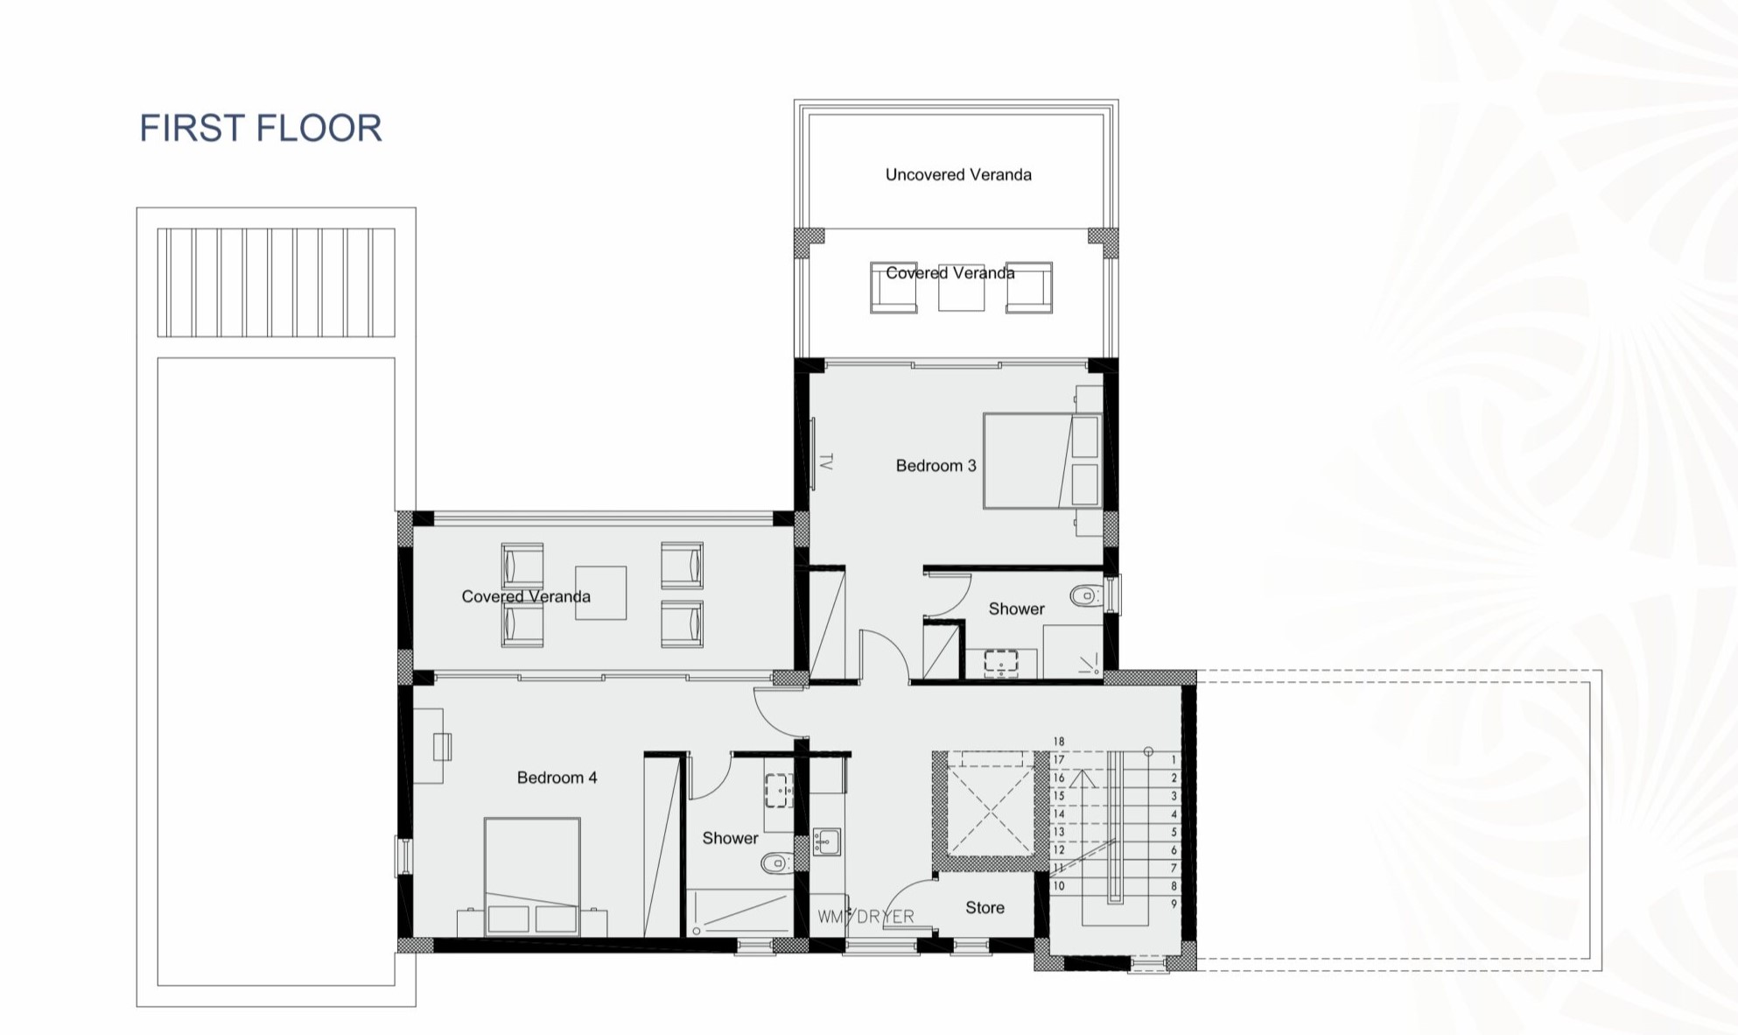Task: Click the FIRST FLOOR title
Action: pos(261,128)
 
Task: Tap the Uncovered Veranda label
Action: pos(958,174)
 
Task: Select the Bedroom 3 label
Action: pos(936,465)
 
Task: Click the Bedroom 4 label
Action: pos(557,777)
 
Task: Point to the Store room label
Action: pos(985,907)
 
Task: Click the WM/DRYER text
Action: pos(865,916)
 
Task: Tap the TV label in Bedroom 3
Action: pos(825,461)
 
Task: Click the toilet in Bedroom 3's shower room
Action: pos(1085,596)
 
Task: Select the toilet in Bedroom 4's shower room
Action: pos(777,863)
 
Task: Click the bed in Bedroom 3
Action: pos(1042,461)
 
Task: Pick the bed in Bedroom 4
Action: pos(532,877)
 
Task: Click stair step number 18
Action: pos(1059,742)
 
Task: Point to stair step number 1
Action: pos(1174,759)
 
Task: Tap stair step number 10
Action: pos(1059,886)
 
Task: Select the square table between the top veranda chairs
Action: pos(961,287)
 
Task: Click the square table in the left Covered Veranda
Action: pos(600,593)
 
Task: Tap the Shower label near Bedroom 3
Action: pos(1016,609)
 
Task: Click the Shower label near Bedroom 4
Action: pos(730,838)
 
